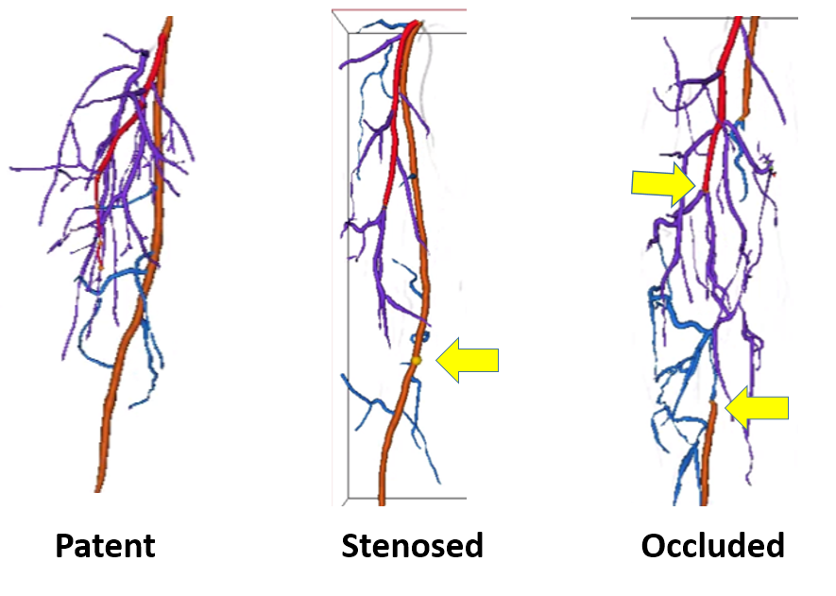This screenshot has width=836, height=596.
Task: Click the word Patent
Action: click(105, 545)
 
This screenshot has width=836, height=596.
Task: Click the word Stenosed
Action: click(412, 545)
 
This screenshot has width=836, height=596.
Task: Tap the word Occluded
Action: click(712, 545)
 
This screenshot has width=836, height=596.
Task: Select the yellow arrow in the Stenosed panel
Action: click(469, 360)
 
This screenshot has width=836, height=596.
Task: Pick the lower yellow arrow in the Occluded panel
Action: click(758, 408)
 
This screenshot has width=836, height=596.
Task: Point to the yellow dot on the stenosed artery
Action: click(416, 360)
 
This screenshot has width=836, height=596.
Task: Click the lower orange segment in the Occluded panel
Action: click(708, 453)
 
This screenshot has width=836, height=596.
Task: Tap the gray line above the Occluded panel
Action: click(713, 17)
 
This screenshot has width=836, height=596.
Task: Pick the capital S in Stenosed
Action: click(350, 545)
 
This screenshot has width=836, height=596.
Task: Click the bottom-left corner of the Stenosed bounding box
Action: click(349, 497)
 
